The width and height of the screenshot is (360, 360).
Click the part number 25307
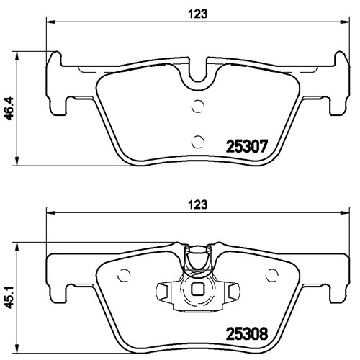click(246, 146)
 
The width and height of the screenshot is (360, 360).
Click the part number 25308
click(246, 334)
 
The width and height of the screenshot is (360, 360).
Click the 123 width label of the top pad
click(197, 14)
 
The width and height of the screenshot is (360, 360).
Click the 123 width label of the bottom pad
click(197, 204)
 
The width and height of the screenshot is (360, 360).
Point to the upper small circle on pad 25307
click(198, 106)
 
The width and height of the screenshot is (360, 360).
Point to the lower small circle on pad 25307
click(198, 142)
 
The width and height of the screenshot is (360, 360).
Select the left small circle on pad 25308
click(124, 275)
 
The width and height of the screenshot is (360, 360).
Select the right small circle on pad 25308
click(272, 275)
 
